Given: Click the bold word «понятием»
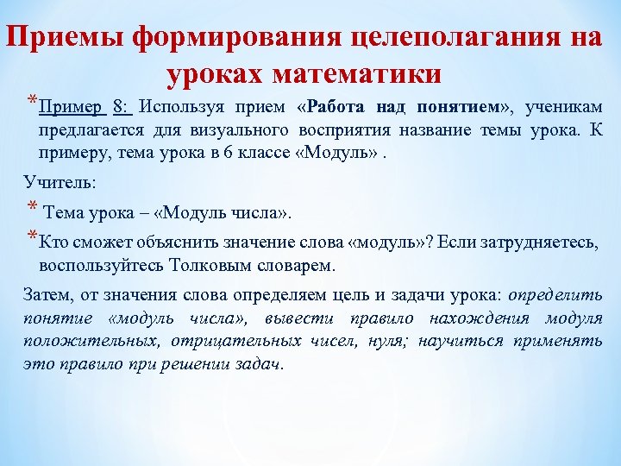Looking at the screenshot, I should pyautogui.click(x=461, y=109).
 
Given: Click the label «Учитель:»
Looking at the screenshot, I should pyautogui.click(x=49, y=183).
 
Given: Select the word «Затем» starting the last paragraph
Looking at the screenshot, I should pyautogui.click(x=44, y=297).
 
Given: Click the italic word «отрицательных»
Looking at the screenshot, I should pyautogui.click(x=229, y=341).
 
